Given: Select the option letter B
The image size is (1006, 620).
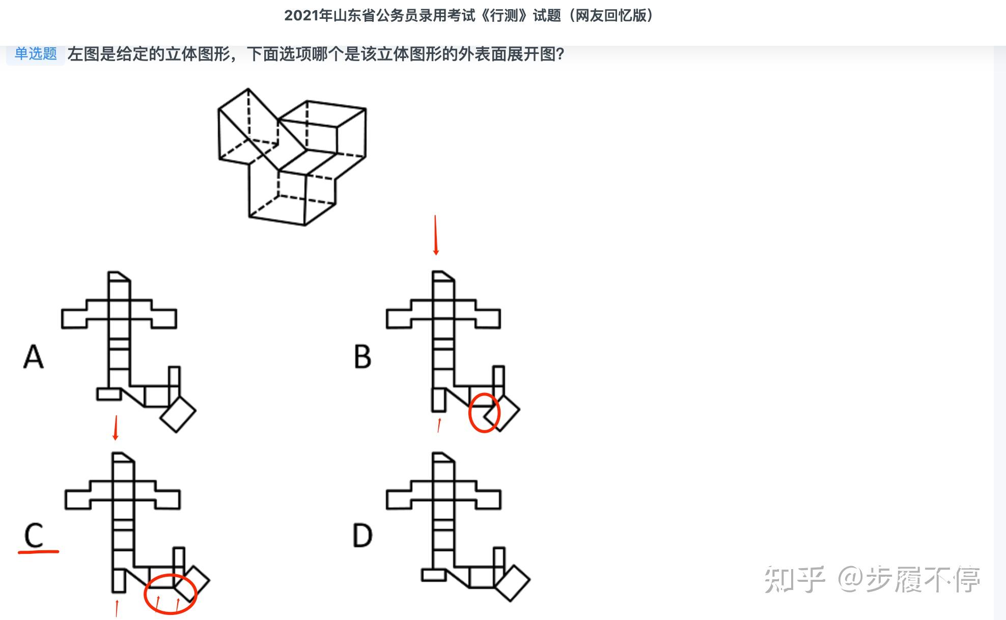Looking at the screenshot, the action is coord(362,356).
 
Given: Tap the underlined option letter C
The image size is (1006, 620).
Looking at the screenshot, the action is coord(35,535).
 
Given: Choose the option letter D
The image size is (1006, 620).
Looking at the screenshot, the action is coord(362,536).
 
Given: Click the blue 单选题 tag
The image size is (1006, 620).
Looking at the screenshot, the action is coord(35,53).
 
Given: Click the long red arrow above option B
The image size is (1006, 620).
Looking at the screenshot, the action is coord(435,235).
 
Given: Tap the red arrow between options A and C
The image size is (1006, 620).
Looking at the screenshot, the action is coord(116,428).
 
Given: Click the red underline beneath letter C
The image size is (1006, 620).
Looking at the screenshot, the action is coord(39,551).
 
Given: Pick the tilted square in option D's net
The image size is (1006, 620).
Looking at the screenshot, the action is coord(512,583).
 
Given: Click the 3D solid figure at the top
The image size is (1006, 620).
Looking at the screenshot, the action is coord(292,156).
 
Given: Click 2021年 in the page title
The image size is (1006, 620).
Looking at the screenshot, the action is coord(308,16).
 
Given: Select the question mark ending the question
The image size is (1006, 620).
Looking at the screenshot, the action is coord(560,54).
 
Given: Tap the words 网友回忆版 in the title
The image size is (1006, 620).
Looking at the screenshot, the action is coord(610,16).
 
